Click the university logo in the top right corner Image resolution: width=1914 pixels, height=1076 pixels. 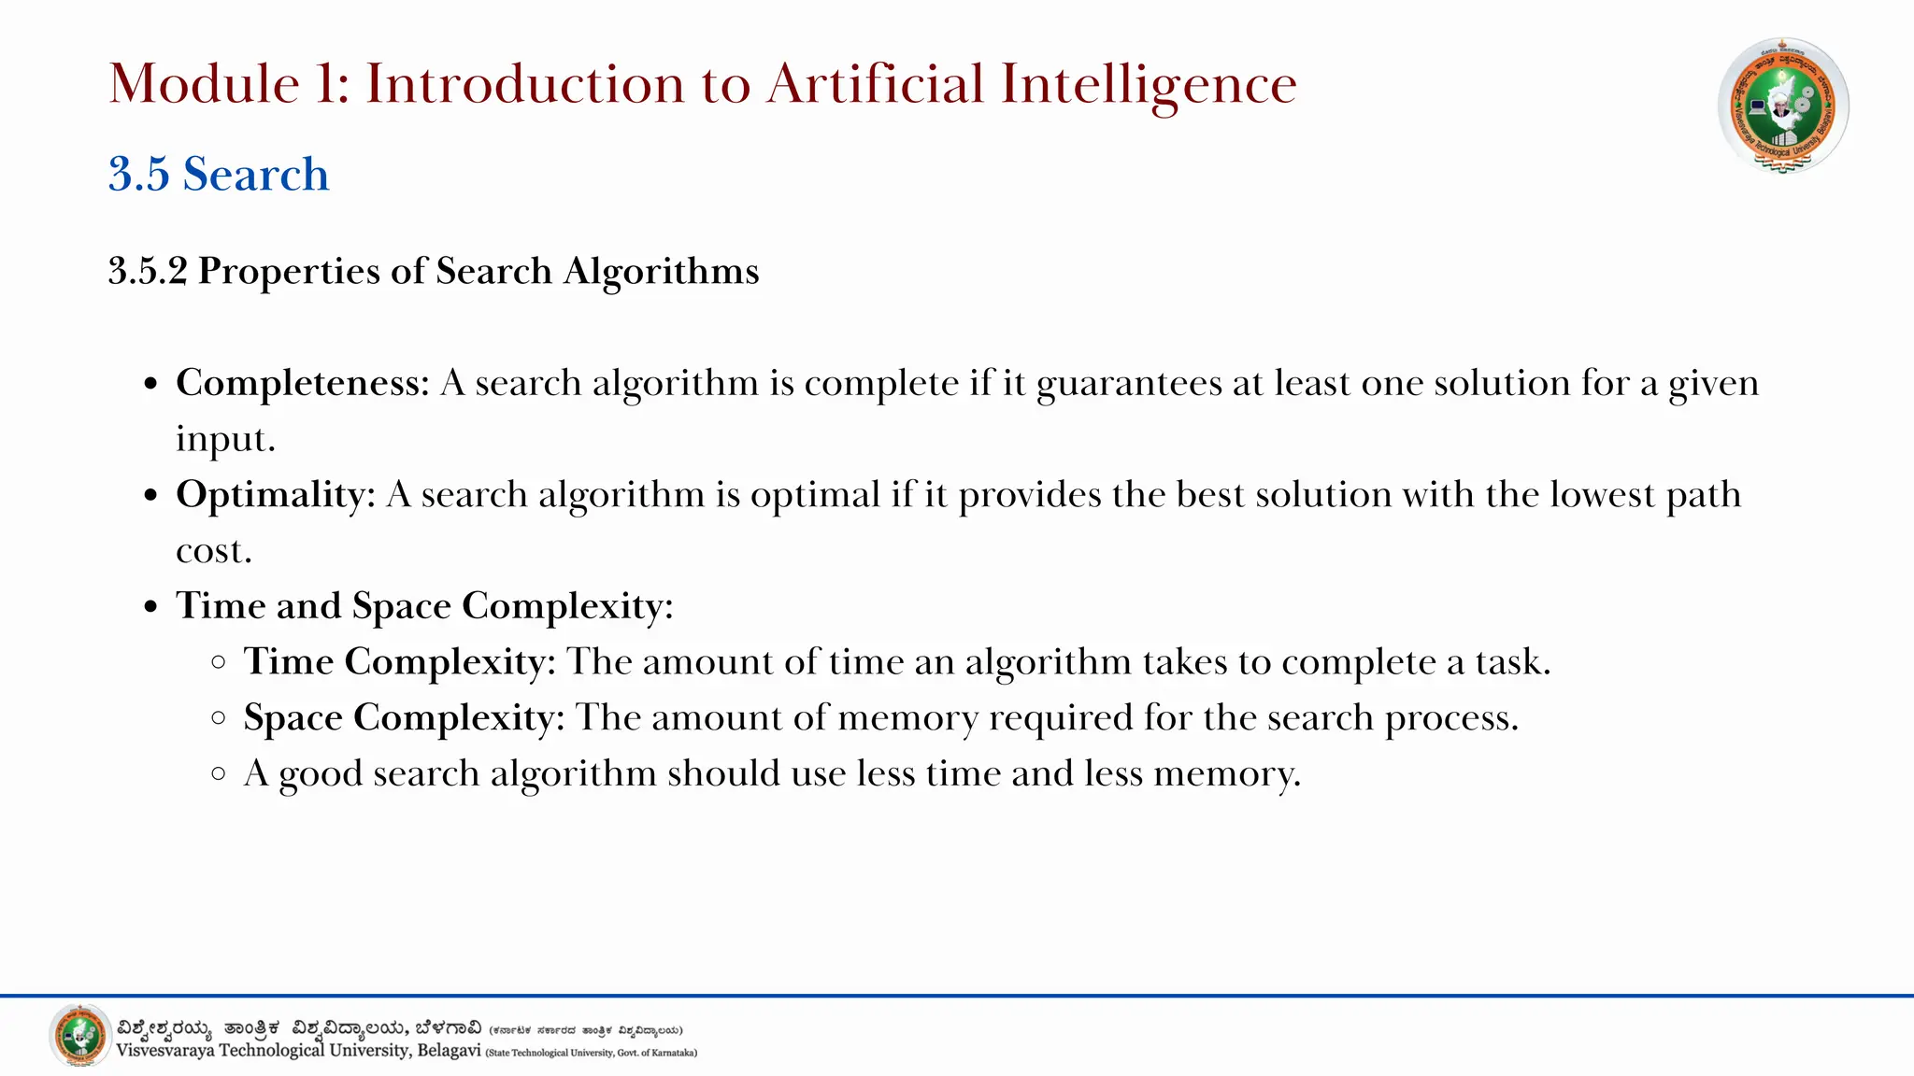pos(1783,105)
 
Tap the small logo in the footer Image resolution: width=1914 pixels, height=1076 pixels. pos(80,1035)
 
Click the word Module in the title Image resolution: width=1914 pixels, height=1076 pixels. pos(204,84)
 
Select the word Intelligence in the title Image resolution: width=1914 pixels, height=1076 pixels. pos(1149,84)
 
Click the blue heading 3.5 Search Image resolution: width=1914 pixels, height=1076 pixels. pos(219,175)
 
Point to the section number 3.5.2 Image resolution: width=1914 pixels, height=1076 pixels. pos(148,271)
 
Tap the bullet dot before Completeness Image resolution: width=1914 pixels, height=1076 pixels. pos(151,385)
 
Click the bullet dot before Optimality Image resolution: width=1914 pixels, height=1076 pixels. pos(151,496)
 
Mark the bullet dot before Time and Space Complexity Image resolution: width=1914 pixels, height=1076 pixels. pos(151,607)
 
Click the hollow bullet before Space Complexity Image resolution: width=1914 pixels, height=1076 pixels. pos(219,718)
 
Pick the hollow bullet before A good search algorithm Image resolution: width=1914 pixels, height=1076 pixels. pos(219,773)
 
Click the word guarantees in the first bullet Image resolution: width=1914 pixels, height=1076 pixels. pos(1129,384)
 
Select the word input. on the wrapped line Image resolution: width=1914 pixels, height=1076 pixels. pos(226,439)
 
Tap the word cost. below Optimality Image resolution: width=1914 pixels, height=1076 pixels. pos(214,551)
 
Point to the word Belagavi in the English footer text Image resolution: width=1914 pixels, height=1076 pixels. pos(449,1051)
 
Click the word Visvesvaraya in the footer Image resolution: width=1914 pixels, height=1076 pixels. pos(165,1051)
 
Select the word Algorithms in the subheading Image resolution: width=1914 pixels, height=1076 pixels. pos(661,272)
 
